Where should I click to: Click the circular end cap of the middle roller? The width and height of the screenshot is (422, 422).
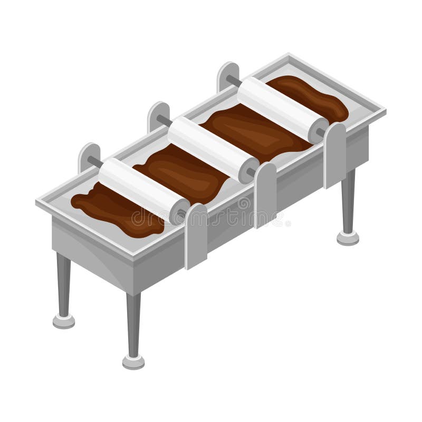248,171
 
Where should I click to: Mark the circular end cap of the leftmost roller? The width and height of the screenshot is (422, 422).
179,211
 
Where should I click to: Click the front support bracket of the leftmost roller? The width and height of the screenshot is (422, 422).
196,235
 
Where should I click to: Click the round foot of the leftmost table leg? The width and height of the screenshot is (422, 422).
63,320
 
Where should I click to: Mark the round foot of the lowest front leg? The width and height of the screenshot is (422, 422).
133,361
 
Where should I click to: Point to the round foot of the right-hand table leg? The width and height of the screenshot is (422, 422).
348,238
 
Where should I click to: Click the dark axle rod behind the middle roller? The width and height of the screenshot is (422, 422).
165,121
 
